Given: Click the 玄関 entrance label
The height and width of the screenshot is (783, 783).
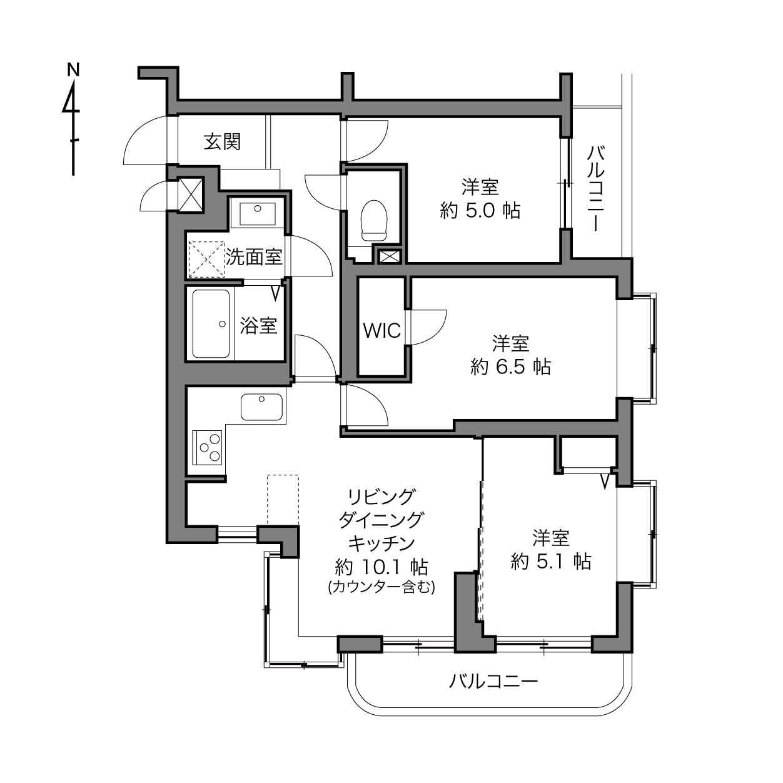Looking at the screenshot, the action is tap(222, 141).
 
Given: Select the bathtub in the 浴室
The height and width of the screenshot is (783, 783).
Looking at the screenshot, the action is tap(211, 324).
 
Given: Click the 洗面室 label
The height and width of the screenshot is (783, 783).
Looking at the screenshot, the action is tap(254, 256).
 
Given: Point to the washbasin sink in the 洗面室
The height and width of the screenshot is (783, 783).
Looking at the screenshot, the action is tap(258, 213).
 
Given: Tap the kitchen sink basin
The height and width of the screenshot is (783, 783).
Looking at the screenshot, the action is tap(261, 407).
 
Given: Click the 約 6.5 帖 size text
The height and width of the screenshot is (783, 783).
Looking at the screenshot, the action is tap(511, 367).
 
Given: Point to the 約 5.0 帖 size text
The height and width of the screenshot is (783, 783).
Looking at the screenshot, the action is tap(480, 211).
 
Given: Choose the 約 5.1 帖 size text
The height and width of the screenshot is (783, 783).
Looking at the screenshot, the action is tap(550, 562).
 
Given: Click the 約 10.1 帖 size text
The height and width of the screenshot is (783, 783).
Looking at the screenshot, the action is tap(381, 567).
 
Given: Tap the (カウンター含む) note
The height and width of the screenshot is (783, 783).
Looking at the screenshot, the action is tap(381, 587).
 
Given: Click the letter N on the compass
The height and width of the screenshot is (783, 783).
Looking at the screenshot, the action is tap(73, 69).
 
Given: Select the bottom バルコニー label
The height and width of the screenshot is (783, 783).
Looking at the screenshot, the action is tap(493, 680).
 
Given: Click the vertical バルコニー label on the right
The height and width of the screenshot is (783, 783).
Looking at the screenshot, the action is tap(595, 189).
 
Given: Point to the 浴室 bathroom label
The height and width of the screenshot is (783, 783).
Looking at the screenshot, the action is tap(258, 325).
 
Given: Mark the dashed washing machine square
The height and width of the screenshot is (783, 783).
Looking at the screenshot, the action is tap(207, 260).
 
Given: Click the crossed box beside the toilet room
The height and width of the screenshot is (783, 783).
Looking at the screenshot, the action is tap(389, 257).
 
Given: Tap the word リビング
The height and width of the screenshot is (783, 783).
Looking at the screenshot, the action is tap(381, 497).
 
